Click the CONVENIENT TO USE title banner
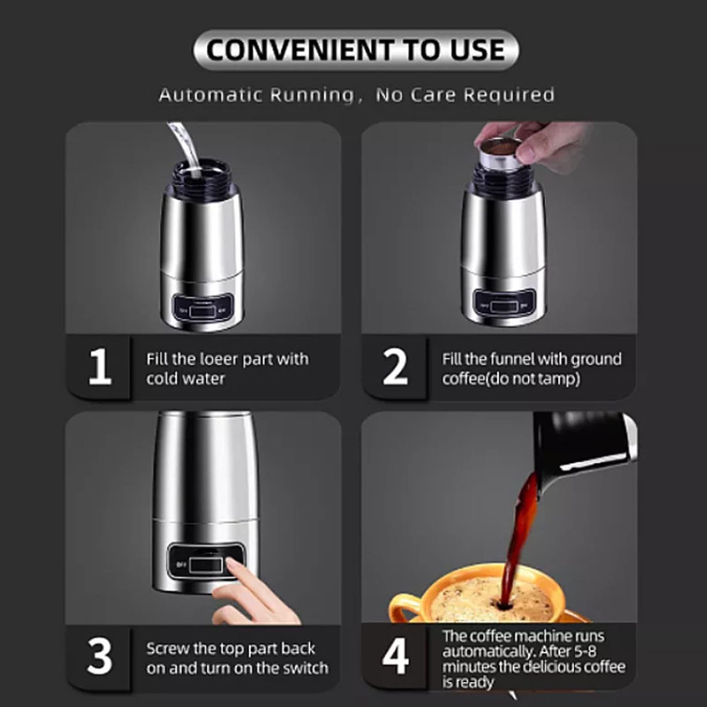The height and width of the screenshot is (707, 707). tap(355, 49)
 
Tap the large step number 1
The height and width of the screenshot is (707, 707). tap(100, 367)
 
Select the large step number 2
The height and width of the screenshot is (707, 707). tap(395, 367)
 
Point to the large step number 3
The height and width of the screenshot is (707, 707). tap(100, 657)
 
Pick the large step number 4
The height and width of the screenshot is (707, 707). tap(395, 657)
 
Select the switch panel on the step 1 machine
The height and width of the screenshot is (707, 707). tap(203, 309)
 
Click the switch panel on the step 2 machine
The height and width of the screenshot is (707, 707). tap(503, 305)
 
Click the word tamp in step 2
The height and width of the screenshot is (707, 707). tap(561, 379)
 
